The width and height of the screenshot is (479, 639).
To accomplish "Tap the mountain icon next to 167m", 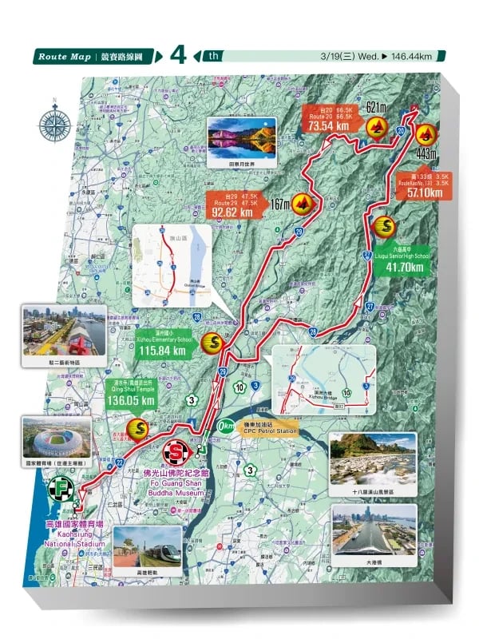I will tap(303, 204).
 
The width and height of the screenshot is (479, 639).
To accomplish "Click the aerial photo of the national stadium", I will tap(56, 435).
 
